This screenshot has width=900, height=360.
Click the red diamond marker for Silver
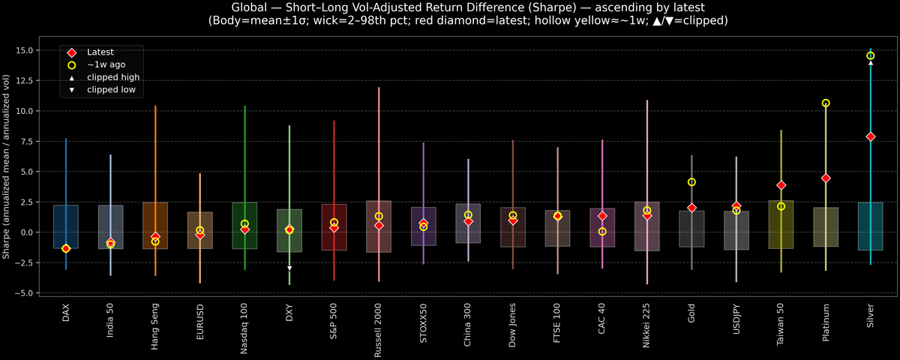coord(871,136)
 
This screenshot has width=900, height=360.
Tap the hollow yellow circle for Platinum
coord(826,103)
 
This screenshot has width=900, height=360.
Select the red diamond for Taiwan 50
coord(781,185)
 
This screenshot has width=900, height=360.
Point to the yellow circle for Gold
coord(691,182)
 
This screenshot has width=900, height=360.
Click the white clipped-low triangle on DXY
coord(289,268)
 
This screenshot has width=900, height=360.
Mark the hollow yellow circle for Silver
coord(871,55)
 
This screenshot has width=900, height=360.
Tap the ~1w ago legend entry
coord(106,64)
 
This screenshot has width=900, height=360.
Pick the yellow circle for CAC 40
coord(602,232)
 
